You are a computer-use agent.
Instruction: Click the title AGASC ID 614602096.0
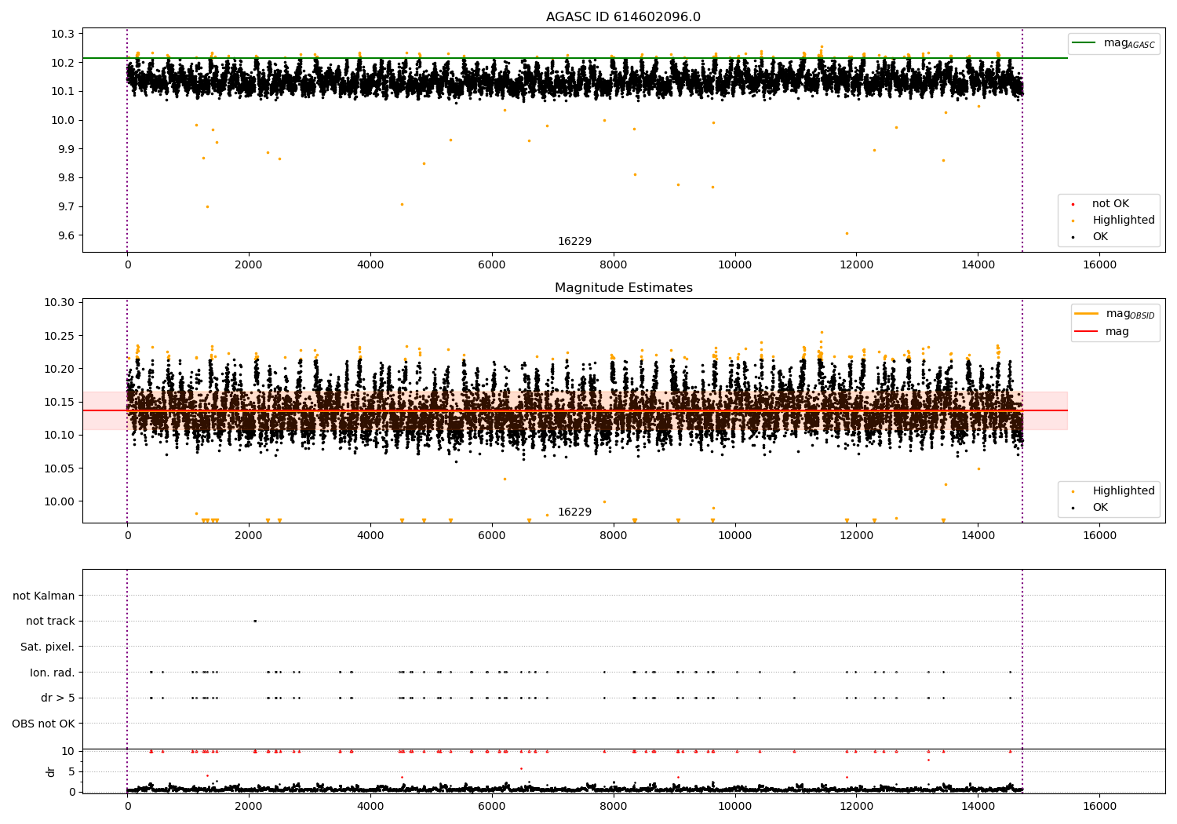tap(623, 17)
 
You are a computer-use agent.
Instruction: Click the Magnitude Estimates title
tap(623, 288)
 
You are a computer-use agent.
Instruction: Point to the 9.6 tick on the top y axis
tap(64, 235)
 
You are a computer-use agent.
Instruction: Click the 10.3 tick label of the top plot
tap(64, 34)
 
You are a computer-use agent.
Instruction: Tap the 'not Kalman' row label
tap(44, 596)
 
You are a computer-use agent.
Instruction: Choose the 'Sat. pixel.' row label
tap(47, 647)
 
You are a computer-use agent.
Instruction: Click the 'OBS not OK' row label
tap(43, 724)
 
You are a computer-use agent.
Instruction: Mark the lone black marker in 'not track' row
tap(255, 621)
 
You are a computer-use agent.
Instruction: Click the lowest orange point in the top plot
tap(847, 233)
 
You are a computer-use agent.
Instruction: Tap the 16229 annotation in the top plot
tap(574, 242)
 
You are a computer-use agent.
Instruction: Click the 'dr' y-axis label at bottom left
tap(51, 771)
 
